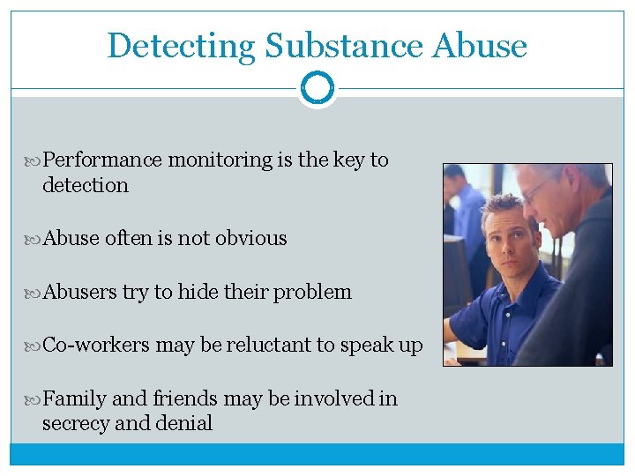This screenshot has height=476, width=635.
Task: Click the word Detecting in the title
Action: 182,46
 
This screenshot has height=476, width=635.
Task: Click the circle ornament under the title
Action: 317,88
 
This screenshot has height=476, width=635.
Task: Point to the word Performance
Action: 102,160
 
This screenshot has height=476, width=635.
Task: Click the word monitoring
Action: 220,160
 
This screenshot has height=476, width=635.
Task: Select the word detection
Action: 85,185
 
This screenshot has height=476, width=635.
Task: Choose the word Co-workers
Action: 96,346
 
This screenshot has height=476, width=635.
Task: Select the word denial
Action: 183,423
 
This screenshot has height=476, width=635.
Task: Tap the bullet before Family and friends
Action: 35,399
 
